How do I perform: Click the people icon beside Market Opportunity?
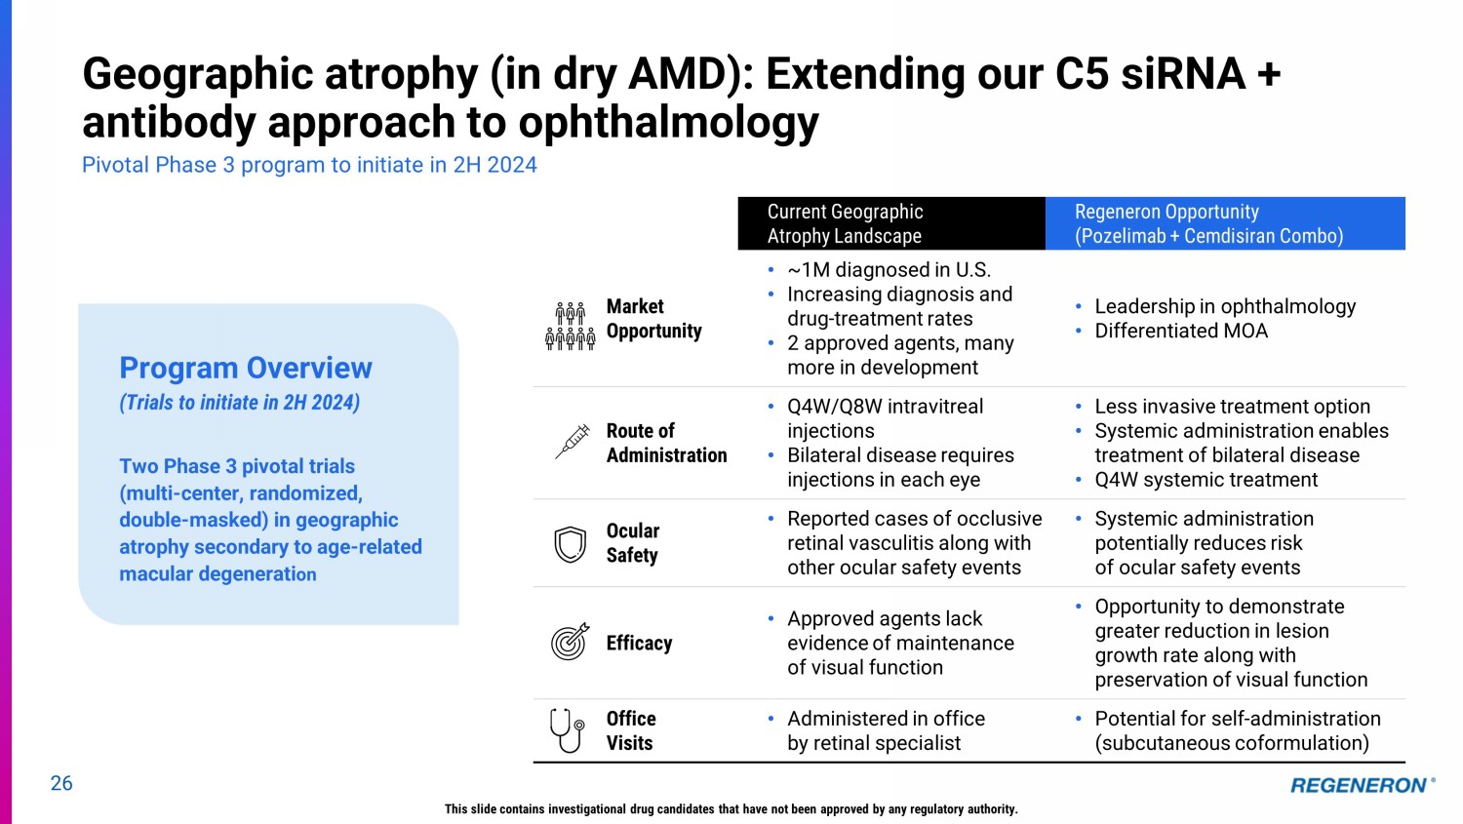pyautogui.click(x=571, y=326)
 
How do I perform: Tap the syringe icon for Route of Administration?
pyautogui.click(x=573, y=442)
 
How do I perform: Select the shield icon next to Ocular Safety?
pyautogui.click(x=570, y=544)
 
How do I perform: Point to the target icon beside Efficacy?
pyautogui.click(x=571, y=642)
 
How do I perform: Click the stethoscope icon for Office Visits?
pyautogui.click(x=567, y=730)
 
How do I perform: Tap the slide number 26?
pyautogui.click(x=61, y=783)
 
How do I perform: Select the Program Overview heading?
pyautogui.click(x=246, y=368)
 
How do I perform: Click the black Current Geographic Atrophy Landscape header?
pyautogui.click(x=891, y=223)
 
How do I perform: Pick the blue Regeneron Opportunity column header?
pyautogui.click(x=1225, y=223)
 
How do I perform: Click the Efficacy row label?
pyautogui.click(x=639, y=644)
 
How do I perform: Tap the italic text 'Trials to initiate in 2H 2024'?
pyautogui.click(x=239, y=402)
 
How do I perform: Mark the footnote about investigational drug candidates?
pyautogui.click(x=731, y=809)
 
